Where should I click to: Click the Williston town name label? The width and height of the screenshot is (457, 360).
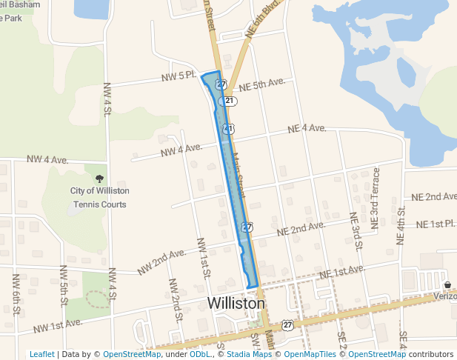click(236, 304)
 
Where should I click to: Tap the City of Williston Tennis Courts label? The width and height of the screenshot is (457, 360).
click(99, 196)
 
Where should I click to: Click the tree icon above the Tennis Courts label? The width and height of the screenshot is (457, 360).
click(99, 178)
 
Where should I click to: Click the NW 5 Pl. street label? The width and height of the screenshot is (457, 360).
click(178, 76)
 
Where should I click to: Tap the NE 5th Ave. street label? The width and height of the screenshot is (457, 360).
click(262, 85)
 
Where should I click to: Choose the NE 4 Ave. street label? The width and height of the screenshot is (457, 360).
click(307, 129)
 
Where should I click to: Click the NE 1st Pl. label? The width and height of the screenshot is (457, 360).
click(436, 224)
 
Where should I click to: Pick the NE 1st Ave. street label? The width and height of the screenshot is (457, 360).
click(341, 272)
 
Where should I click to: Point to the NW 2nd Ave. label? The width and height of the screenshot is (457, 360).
click(161, 261)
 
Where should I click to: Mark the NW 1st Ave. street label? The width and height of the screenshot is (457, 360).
click(56, 324)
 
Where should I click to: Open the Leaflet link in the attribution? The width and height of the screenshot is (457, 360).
click(41, 354)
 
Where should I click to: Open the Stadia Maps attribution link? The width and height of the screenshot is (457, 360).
click(250, 354)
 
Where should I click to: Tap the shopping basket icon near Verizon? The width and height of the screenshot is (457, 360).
click(447, 284)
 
